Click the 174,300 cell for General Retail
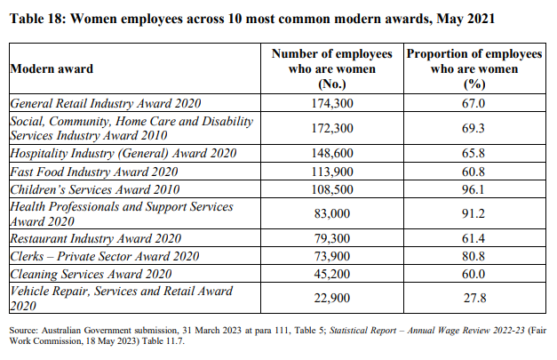pos(332,103)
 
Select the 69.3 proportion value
pos(473,128)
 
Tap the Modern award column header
pos(52,68)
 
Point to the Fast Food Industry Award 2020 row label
pos(94,172)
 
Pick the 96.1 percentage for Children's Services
pos(473,189)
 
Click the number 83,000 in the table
pos(332,213)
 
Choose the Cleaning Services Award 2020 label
pos(91,274)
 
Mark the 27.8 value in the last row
pos(474,298)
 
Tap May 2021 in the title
pos(465,19)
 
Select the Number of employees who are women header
pos(332,68)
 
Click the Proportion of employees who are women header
pos(474,68)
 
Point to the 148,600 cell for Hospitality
pos(332,153)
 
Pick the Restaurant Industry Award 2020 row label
pos(96,238)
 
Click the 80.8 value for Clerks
pos(473,256)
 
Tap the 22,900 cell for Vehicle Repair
pos(332,298)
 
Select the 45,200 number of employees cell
pos(332,274)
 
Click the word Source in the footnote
pos(23,331)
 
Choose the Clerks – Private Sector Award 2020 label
pos(105,256)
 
